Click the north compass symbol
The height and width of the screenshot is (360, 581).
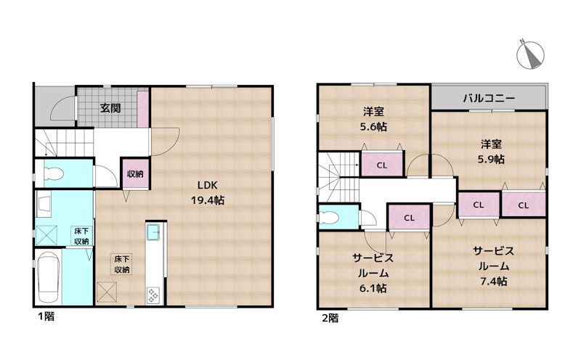pos(530,55)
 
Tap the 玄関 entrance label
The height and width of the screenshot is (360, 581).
pos(110,108)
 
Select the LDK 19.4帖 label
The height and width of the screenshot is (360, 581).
pos(208,192)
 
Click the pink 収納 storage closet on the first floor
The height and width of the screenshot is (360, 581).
pos(135,173)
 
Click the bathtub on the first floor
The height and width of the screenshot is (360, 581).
pos(49,277)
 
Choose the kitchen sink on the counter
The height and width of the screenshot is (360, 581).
pos(153,232)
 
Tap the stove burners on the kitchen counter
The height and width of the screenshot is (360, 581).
pos(153,295)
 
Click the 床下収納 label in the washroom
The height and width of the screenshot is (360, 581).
pos(81,236)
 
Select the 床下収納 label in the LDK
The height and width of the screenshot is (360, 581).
pos(121,264)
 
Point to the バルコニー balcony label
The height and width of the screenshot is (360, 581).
pos(489,98)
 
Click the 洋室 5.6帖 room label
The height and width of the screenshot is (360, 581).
pos(373,119)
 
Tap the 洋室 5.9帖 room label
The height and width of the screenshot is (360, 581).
pos(491,152)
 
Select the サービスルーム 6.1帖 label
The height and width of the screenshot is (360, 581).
pos(373,273)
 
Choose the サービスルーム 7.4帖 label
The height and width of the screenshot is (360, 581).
pos(494,266)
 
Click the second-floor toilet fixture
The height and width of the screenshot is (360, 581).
pos(329,218)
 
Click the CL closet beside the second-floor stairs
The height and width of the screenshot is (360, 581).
pos(382,165)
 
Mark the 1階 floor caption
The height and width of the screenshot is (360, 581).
pos(46,316)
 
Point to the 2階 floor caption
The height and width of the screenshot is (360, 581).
pos(330,318)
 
